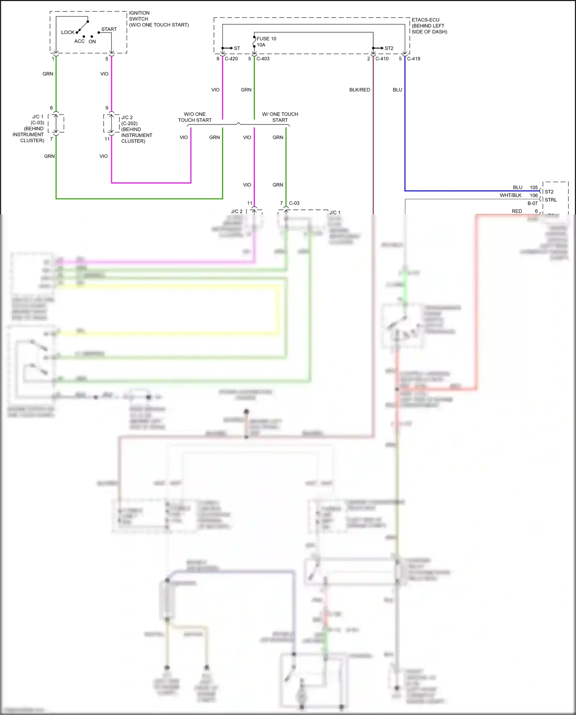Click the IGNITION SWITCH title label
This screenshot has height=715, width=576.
click(139, 16)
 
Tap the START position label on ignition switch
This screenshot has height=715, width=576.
click(109, 29)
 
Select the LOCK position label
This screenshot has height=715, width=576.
click(68, 32)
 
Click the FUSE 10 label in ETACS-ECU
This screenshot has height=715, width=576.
click(266, 38)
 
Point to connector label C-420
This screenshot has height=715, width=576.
click(231, 59)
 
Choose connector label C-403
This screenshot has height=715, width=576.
click(263, 59)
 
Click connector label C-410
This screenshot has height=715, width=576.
click(382, 59)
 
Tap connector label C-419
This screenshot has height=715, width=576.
click(414, 59)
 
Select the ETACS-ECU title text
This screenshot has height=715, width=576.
click(425, 20)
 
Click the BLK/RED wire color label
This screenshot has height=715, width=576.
click(359, 90)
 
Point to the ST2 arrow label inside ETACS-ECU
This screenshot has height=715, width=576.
click(389, 48)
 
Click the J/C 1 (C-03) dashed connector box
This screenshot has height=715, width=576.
click(56, 123)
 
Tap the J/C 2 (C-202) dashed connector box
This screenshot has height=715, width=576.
click(111, 123)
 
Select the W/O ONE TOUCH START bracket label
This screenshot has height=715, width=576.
click(195, 117)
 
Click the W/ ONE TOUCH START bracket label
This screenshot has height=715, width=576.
click(280, 117)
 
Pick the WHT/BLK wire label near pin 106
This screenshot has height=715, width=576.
click(510, 195)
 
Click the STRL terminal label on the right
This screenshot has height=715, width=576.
click(551, 200)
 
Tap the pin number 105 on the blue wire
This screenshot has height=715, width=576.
click(534, 187)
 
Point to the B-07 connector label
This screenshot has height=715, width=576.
click(533, 203)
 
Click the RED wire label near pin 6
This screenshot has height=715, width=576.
click(517, 211)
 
